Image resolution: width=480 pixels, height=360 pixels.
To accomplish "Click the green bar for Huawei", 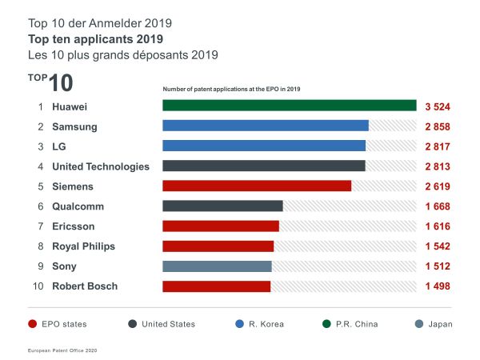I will pos(289,106).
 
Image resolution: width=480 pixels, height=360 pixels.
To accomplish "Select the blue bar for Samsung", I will pos(265,126).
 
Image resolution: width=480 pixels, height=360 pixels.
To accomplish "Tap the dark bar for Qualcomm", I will pos(222,206).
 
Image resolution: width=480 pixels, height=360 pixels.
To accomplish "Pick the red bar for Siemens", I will pos(256,186).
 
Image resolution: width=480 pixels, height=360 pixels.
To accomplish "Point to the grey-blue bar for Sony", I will pos(217,266).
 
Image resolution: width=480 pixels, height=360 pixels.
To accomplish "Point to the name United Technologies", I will pos(100,166).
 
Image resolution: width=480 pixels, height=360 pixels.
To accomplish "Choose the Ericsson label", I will pos(73,226).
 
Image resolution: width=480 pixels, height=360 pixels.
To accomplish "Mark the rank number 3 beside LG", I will pos(39,146).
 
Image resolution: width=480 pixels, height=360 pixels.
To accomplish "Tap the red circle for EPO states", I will pos(32,324).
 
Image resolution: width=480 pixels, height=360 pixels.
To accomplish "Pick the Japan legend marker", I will pos(421,324).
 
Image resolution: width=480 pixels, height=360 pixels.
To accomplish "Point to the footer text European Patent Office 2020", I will pos(61,350).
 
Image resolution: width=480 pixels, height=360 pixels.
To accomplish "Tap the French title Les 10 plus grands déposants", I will pos(110,54).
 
